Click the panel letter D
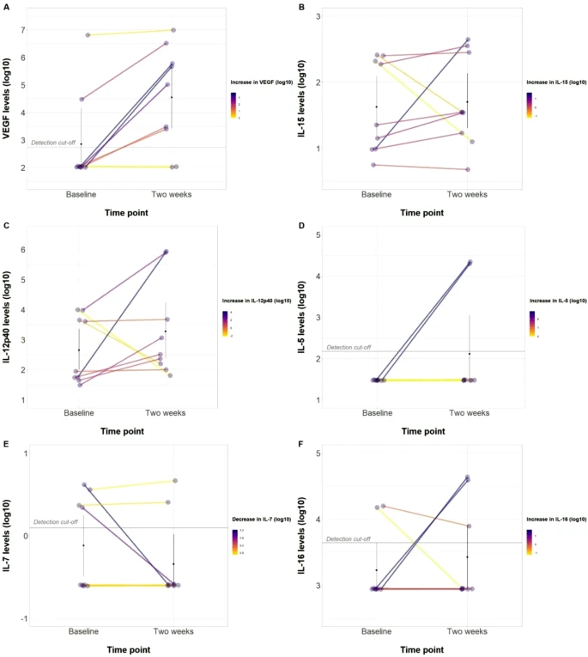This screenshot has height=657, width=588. pos(303,227)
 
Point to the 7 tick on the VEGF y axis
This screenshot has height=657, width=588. pos(22,30)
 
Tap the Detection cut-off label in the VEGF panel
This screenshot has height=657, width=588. pos(53,143)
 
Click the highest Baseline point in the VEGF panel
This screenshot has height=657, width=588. pos(88,35)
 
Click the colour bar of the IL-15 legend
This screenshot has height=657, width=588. pos(530,103)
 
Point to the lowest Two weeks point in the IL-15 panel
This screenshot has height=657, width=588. pos(468,169)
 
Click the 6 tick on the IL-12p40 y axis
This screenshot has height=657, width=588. pos(22,250)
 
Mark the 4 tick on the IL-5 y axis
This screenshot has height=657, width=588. pos(319,277)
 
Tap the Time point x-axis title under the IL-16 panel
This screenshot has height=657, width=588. pos(421,649)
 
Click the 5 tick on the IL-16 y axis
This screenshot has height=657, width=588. pos(319,453)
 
